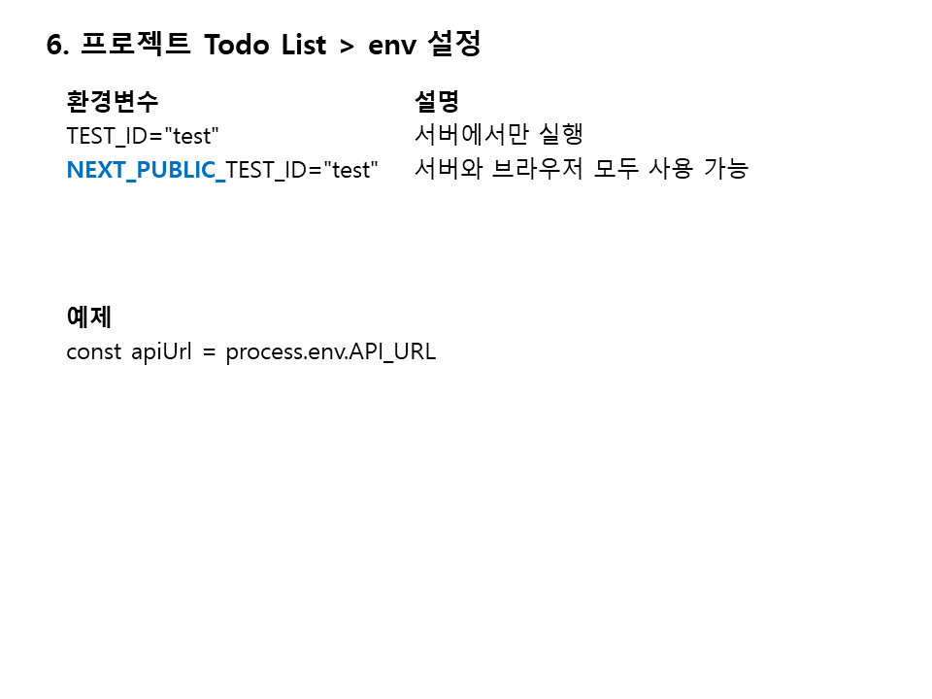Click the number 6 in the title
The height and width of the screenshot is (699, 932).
[x=53, y=45]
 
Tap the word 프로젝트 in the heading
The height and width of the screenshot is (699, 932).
[x=136, y=45]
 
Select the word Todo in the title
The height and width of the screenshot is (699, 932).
[x=235, y=45]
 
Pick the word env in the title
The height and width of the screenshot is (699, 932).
[x=391, y=46]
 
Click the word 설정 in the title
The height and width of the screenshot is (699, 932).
[x=453, y=45]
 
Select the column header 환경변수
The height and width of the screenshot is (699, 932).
[x=112, y=101]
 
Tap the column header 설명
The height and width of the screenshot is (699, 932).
[x=436, y=101]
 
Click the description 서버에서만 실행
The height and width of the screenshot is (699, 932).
[x=498, y=135]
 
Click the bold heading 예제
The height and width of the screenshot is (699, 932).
[x=89, y=316]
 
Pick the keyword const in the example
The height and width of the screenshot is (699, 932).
[x=93, y=351]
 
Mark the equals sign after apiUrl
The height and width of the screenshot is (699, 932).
[x=208, y=352]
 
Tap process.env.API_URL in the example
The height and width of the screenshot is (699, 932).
[x=330, y=351]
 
